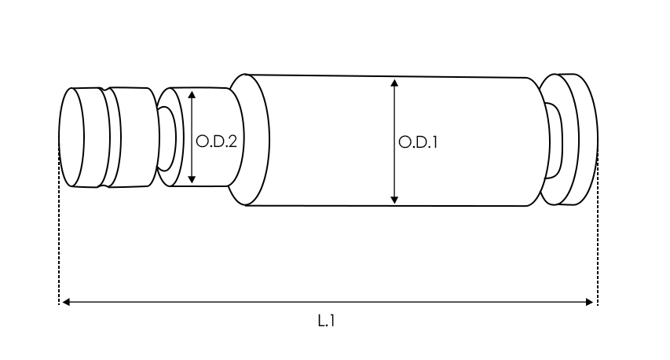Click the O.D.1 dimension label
click(417, 142)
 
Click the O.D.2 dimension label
click(216, 141)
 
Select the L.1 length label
click(326, 321)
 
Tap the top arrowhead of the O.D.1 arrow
click(394, 83)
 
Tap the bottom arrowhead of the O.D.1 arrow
click(394, 200)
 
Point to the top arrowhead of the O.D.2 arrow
click(192, 95)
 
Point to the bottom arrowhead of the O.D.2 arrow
click(192, 179)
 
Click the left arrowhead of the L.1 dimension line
click(66, 303)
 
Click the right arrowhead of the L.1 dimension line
click(589, 303)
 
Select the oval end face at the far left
click(71, 138)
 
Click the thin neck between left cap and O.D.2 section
click(167, 138)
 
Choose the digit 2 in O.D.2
click(232, 141)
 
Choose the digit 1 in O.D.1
click(434, 142)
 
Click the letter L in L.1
click(321, 321)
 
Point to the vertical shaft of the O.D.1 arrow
click(394, 141)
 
